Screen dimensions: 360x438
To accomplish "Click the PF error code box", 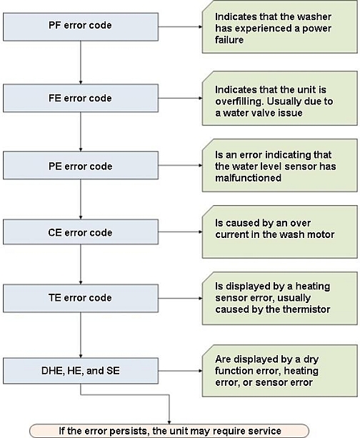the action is tap(81, 27).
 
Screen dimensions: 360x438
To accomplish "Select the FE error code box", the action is tap(81, 99).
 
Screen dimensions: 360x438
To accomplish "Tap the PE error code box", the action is tap(81, 165).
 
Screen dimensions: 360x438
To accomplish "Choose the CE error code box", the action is tap(81, 232).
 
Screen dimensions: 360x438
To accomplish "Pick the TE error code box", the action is tap(81, 298).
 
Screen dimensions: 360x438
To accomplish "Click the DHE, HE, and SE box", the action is tap(81, 371).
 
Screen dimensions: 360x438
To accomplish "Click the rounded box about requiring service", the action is tap(169, 431).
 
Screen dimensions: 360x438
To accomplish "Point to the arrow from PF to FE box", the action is tap(81, 63).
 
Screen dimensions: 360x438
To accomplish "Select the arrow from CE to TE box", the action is tap(81, 264).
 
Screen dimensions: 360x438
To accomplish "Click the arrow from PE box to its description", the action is tap(181, 165).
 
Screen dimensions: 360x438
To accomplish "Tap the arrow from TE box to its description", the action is tap(181, 299).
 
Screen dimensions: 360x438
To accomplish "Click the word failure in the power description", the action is tap(229, 40).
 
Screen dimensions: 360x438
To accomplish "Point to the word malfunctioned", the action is tap(248, 178).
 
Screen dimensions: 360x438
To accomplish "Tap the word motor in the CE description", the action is tap(321, 234).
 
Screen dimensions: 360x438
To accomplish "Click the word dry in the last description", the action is tap(311, 359).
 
